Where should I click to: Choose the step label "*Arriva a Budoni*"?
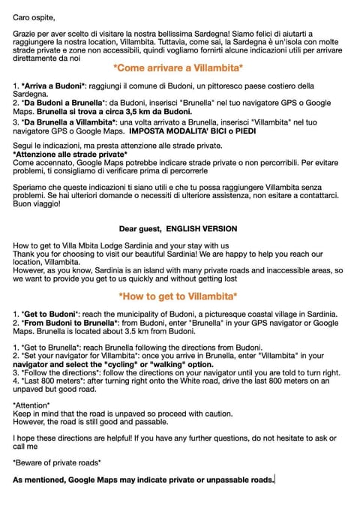[53, 88]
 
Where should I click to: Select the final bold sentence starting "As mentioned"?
[143, 478]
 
